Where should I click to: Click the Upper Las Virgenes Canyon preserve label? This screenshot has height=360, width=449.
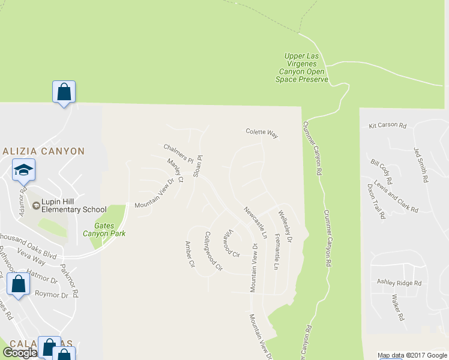[303, 68]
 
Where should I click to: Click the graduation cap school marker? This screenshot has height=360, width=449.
[23, 170]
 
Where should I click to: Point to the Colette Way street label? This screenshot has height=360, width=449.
[262, 133]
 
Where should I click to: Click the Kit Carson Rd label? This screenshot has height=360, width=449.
[388, 126]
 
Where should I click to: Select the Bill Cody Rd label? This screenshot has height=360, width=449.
[381, 172]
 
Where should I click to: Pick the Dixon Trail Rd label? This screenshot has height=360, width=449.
[375, 201]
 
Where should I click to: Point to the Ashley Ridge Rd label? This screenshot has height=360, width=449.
[399, 283]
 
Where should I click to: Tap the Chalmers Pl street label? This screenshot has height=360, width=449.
[178, 153]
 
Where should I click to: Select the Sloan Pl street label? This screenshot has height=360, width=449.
[197, 164]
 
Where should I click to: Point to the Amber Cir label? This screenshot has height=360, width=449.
[190, 254]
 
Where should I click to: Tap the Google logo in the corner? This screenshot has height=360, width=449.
[20, 353]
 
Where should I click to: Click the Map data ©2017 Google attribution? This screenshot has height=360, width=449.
[413, 355]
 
